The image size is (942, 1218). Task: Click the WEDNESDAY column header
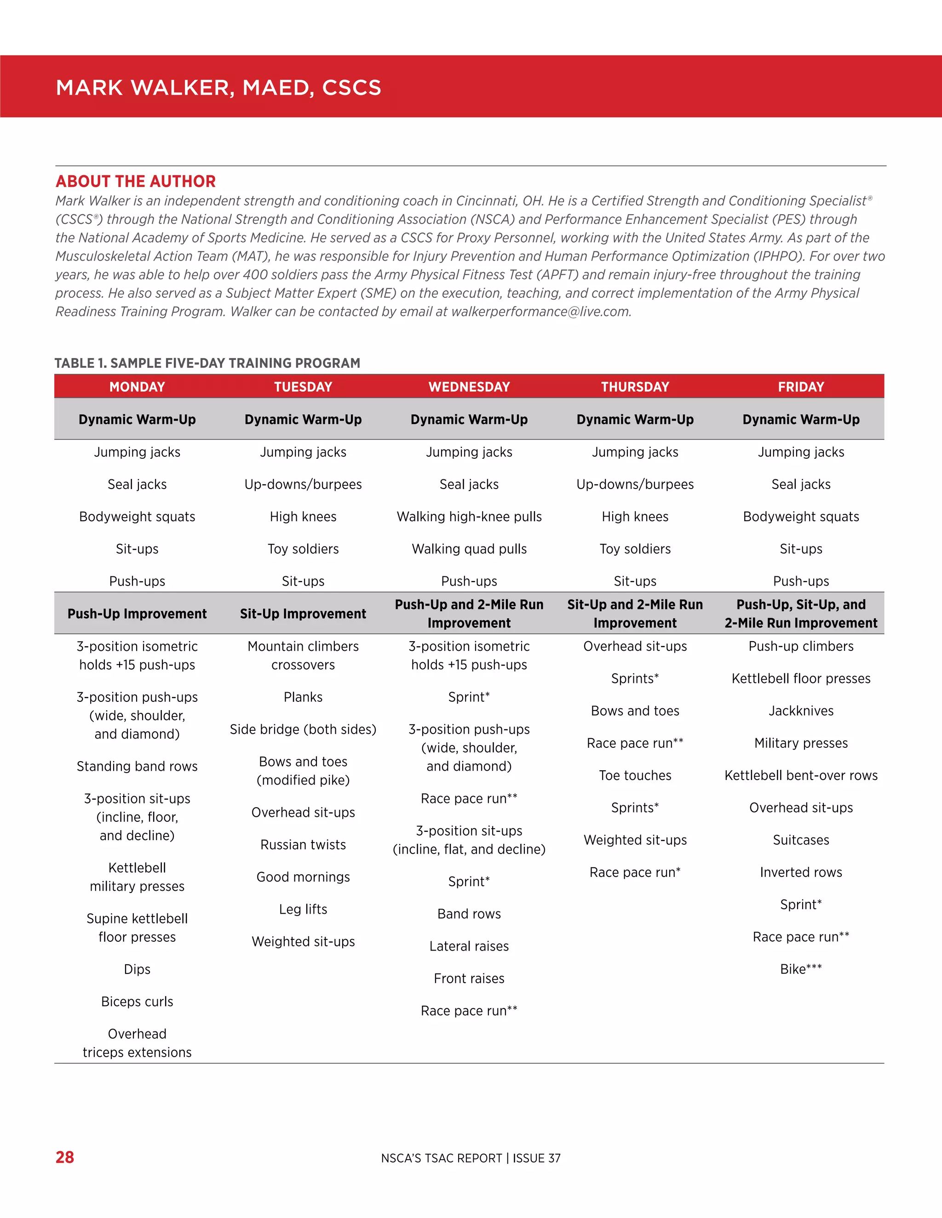469,387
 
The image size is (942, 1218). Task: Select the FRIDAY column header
801,387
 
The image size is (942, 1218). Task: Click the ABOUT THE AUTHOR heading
136,181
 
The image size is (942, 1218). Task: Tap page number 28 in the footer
65,1157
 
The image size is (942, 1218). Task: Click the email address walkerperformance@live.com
540,312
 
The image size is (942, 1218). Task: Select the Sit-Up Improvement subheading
303,614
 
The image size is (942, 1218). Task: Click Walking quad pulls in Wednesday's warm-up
469,549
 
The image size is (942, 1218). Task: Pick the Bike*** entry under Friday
801,969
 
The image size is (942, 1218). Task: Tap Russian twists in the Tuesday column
303,844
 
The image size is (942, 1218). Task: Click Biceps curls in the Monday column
137,1002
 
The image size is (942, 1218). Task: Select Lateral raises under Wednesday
469,946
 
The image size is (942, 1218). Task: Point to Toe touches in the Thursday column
635,775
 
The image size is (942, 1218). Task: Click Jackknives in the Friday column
801,711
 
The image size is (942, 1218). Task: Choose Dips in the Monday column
137,969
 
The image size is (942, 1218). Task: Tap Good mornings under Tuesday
303,877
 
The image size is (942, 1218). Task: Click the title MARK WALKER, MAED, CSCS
218,87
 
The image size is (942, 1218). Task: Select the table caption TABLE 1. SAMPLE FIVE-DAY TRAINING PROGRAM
207,363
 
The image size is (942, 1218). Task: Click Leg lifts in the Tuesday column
303,909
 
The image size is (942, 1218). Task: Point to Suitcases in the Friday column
801,840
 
